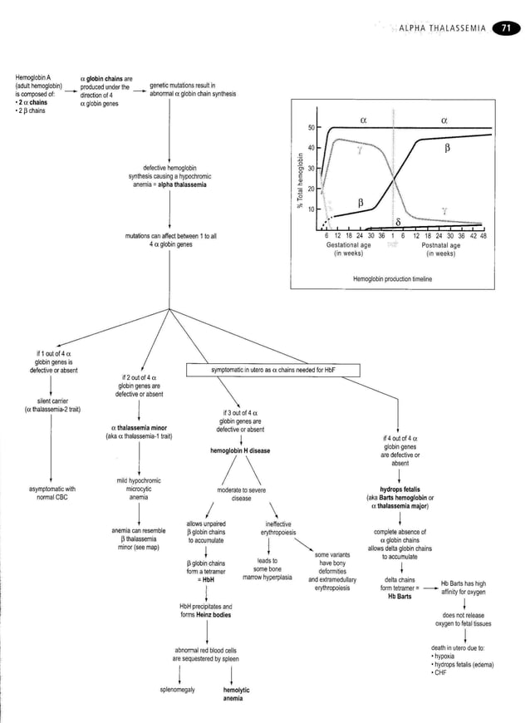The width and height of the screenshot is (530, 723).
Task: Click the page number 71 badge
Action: [x=503, y=31]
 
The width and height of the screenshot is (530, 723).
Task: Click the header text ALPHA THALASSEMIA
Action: [x=444, y=31]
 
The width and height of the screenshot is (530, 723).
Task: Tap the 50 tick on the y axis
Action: [x=311, y=127]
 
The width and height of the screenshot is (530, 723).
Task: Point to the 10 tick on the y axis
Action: [x=311, y=209]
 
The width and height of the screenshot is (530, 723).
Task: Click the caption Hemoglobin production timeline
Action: [x=393, y=279]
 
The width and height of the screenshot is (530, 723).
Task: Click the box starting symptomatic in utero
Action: [x=274, y=369]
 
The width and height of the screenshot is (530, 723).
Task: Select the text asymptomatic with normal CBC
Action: [x=52, y=493]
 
